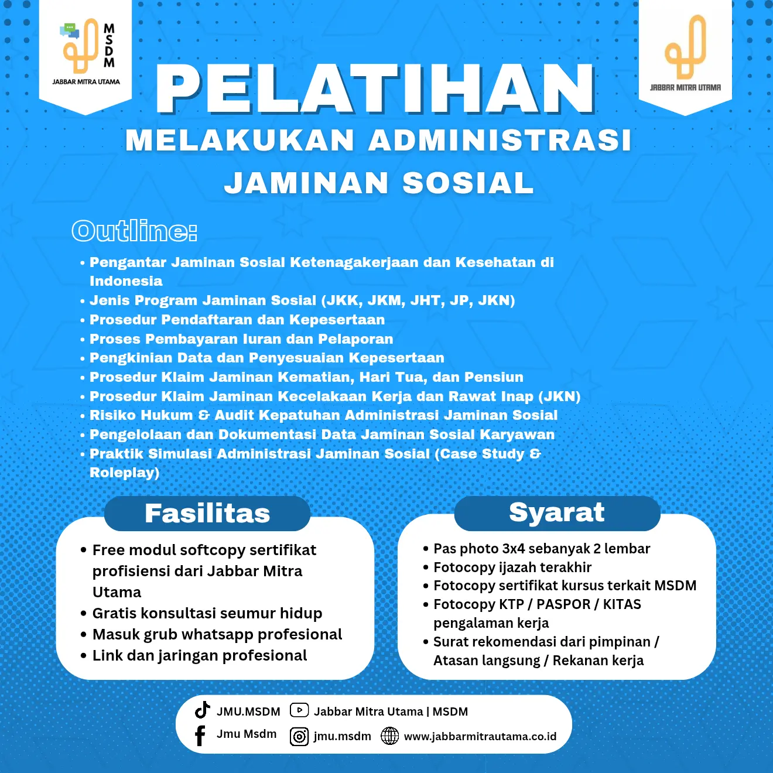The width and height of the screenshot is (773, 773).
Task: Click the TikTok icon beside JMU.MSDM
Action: coord(203,710)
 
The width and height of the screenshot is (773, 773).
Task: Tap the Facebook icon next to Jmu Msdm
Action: coord(200,736)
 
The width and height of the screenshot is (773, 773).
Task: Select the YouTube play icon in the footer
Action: coord(299,710)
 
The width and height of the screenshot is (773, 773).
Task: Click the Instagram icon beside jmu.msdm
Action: coord(299,737)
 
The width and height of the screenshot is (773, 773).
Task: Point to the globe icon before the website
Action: coord(390,736)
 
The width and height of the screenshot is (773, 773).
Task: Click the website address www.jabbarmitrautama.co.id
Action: coord(480,737)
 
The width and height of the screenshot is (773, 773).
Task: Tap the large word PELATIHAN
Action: coord(375,88)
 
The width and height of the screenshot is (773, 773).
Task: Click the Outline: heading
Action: coord(134,231)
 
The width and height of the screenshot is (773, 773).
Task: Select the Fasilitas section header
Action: coord(207,514)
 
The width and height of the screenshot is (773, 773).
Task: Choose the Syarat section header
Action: coord(557,512)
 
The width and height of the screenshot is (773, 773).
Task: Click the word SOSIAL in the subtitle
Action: coord(468,183)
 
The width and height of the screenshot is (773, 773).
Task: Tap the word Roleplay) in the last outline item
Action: coord(124,473)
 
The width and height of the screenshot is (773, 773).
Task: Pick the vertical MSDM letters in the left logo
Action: coord(109,46)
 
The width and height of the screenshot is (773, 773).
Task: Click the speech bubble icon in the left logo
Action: coord(70,30)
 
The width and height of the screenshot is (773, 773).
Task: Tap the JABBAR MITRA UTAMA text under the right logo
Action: coord(685,88)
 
